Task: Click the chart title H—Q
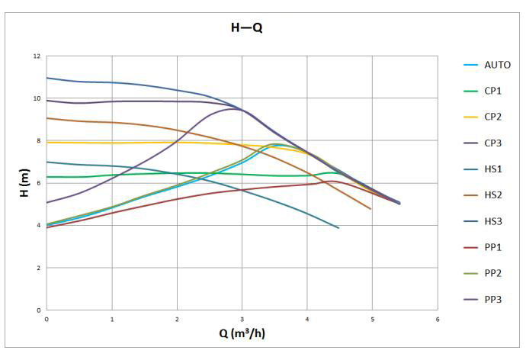click(247, 29)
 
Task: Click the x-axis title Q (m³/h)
click(242, 333)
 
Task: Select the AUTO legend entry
click(497, 65)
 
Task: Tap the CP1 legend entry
click(492, 91)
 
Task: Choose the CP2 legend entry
click(492, 117)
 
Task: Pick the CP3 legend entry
click(492, 143)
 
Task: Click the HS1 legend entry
click(492, 169)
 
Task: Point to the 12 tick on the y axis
click(37, 56)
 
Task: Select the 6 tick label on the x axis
click(437, 318)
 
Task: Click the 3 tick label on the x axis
click(242, 318)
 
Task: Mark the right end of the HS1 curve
click(338, 228)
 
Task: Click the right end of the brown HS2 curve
click(370, 208)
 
